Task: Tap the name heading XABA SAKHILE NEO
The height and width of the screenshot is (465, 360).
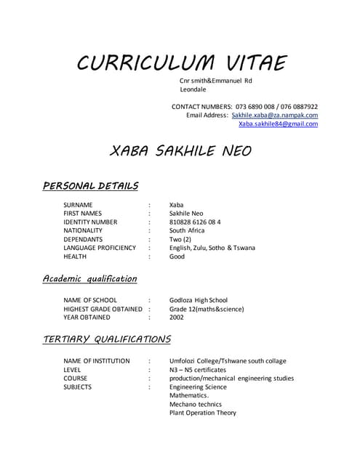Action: coord(180,151)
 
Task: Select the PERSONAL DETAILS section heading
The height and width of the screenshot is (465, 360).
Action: coord(91,186)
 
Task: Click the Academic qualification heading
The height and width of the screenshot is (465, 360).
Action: coord(89,278)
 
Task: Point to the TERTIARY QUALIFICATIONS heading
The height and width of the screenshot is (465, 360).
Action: coord(107,339)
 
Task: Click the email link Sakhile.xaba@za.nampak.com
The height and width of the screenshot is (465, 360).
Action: coord(274,115)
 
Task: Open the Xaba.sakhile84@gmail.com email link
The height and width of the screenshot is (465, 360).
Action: coord(278,124)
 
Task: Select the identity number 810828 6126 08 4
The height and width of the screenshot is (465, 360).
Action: coord(195,222)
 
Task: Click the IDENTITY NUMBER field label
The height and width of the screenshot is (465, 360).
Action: coord(90,222)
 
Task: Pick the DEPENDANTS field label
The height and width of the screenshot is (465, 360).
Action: coord(83,239)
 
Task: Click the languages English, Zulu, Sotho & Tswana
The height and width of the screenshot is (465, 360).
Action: coord(212,248)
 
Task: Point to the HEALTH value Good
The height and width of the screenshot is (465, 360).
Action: coord(177,256)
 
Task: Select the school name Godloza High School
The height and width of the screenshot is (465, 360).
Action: coord(199,300)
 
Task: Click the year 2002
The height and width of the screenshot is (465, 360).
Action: coord(177,318)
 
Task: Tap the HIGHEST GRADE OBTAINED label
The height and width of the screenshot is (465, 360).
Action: coord(103,309)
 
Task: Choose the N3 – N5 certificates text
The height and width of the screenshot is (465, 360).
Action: coord(198,370)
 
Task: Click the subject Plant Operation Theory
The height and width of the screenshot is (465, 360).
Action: coord(203,413)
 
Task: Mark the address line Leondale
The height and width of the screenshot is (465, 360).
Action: coord(193,89)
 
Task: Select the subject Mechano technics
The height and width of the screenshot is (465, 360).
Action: coord(195,404)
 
